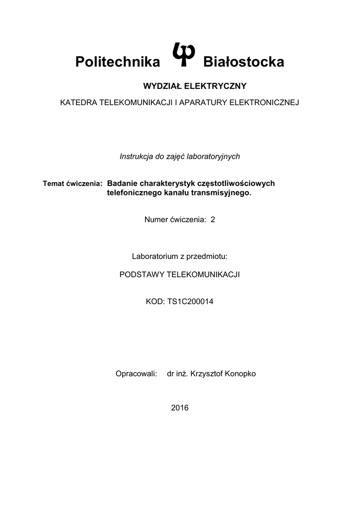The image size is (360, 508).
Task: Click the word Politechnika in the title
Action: click(118, 62)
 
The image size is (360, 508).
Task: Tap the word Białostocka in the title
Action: click(244, 62)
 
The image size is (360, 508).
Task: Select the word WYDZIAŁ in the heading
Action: click(162, 86)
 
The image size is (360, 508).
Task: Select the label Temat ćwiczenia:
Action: click(73, 184)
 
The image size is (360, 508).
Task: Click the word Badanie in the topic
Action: click(123, 183)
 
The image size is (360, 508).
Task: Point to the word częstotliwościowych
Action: click(236, 183)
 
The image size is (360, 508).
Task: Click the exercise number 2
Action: click(213, 220)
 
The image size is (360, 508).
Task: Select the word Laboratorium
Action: click(153, 256)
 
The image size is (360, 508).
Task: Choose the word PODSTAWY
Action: click(142, 274)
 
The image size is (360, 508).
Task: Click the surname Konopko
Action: click(240, 374)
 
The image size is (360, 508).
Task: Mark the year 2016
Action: click(180, 408)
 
